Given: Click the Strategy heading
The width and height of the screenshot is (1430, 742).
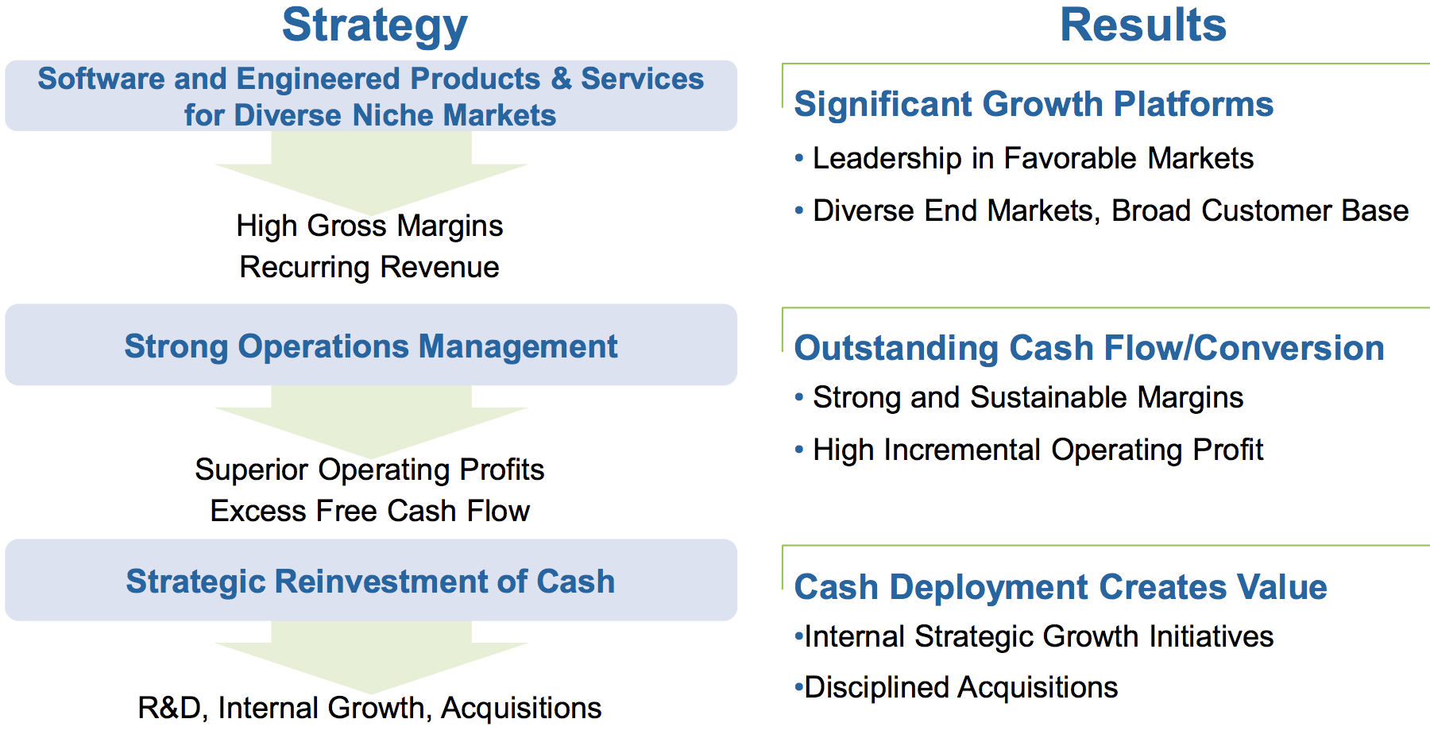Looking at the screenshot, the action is tap(374, 26).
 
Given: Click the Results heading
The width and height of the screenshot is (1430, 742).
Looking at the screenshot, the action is tap(1143, 25).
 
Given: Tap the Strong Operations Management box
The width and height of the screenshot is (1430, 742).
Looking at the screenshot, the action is tap(371, 345).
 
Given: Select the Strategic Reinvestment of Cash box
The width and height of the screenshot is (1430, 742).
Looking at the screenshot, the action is tap(371, 580).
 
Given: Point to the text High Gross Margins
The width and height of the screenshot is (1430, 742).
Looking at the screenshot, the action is tap(369, 226).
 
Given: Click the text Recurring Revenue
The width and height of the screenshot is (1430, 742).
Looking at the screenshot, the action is tap(369, 268).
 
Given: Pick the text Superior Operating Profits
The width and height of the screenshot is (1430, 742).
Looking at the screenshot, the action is tap(369, 470).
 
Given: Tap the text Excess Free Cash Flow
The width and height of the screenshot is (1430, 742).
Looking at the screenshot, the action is tap(369, 511).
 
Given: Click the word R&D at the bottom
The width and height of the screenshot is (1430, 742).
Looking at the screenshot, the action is tap(169, 708).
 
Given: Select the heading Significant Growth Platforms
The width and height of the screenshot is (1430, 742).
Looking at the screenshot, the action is tap(1034, 104).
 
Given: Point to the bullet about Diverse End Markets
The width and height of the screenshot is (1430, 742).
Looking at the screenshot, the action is tap(1102, 211).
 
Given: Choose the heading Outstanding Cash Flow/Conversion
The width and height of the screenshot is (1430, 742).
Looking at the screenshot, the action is tap(1089, 348).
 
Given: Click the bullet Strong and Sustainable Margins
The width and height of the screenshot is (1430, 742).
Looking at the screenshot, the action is tap(1019, 398).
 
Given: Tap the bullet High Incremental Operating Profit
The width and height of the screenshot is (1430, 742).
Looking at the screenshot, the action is tap(1029, 450).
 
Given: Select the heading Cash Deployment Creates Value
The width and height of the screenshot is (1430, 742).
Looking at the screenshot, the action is tap(1061, 587).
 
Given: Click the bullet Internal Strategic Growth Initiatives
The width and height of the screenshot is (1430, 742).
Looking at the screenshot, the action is tap(1034, 637).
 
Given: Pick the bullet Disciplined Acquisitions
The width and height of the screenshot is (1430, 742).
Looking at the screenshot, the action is tap(956, 688).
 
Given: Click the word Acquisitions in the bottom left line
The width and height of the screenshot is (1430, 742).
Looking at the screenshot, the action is tap(521, 709).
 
